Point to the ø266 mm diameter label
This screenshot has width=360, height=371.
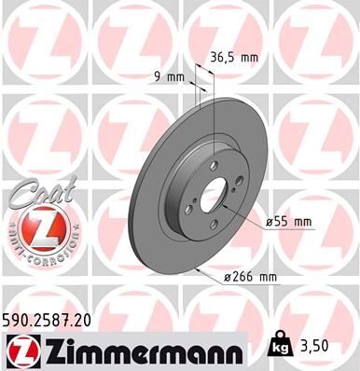[x=251, y=277]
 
